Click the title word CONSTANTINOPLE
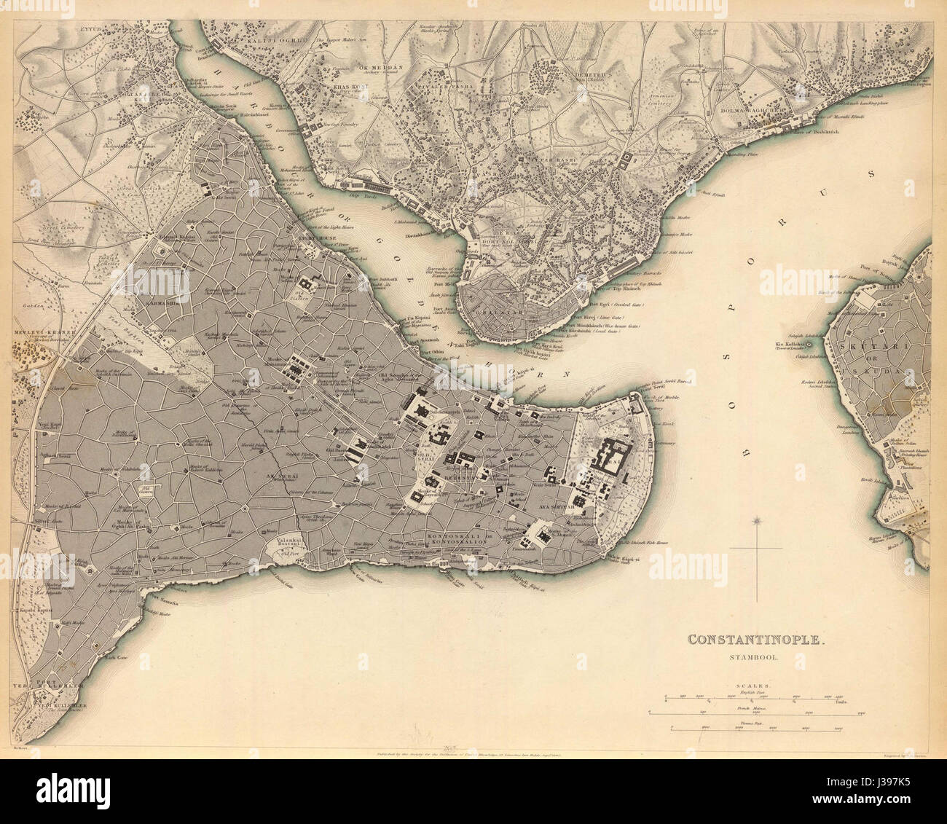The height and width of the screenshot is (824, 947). point(758,640)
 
